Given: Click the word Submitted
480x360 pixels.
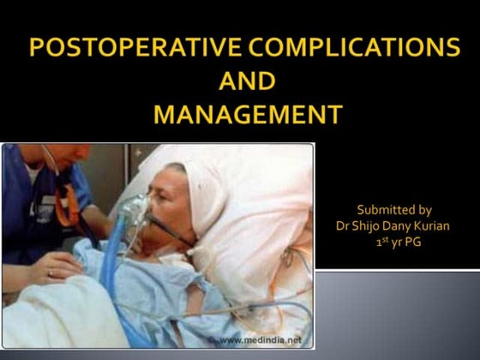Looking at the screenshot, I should [x=381, y=210].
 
